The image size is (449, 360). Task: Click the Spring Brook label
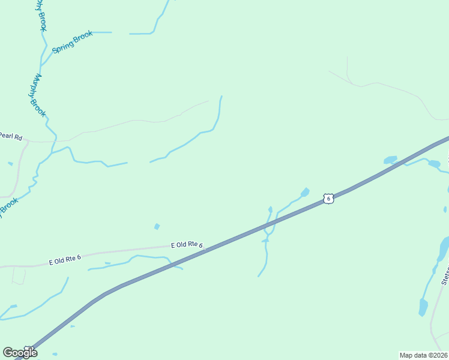[73, 43]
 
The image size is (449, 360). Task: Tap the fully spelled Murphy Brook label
[37, 95]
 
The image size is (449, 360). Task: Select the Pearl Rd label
[11, 137]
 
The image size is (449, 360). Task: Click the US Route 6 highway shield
[327, 199]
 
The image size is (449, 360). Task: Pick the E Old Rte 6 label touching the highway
[187, 245]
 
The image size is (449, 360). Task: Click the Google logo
[20, 352]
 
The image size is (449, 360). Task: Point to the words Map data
[413, 355]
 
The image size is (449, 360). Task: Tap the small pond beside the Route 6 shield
[305, 192]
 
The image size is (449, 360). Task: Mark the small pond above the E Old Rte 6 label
[157, 226]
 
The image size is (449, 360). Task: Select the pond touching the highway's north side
[390, 160]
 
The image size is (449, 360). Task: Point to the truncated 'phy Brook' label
[41, 14]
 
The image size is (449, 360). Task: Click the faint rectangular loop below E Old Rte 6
[19, 276]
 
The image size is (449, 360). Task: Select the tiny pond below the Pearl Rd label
[10, 163]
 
